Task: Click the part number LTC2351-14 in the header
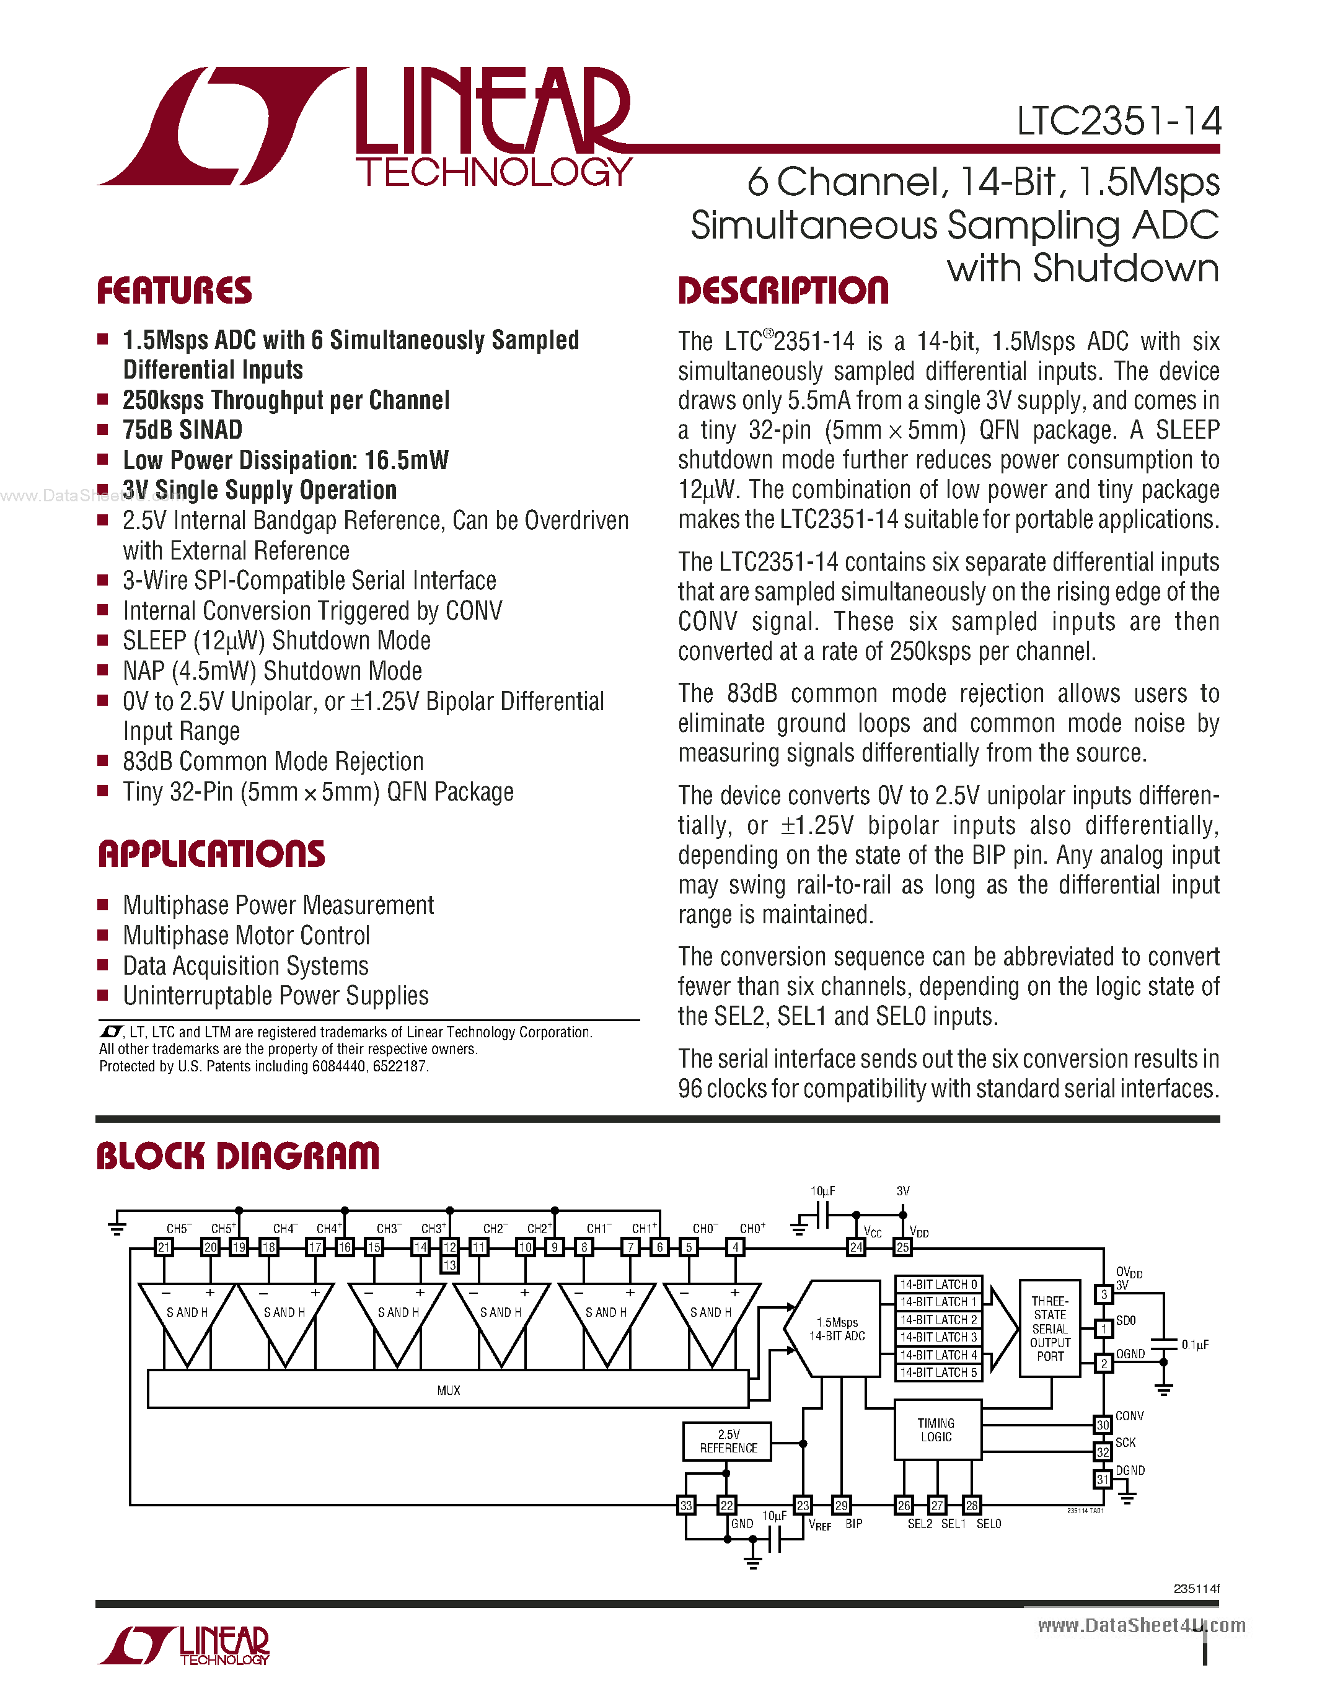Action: pos(1118,121)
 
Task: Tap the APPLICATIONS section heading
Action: pos(211,854)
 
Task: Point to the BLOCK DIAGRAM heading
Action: pos(237,1156)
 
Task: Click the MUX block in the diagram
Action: pos(448,1390)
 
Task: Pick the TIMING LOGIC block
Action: pos(936,1430)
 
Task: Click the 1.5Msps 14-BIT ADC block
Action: pos(837,1329)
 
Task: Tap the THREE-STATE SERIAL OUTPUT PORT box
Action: pos(1049,1328)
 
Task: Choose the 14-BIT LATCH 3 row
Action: pos(938,1337)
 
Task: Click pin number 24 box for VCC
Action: pos(856,1247)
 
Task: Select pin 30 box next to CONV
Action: pos(1102,1425)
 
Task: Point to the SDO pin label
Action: pos(1126,1320)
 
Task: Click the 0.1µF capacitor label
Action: pos(1194,1345)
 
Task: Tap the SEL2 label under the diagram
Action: pos(919,1524)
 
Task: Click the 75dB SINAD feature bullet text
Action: pos(183,430)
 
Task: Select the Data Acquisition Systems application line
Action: pos(246,966)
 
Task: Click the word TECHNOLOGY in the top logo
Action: pos(493,172)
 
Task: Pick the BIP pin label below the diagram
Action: pos(853,1524)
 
